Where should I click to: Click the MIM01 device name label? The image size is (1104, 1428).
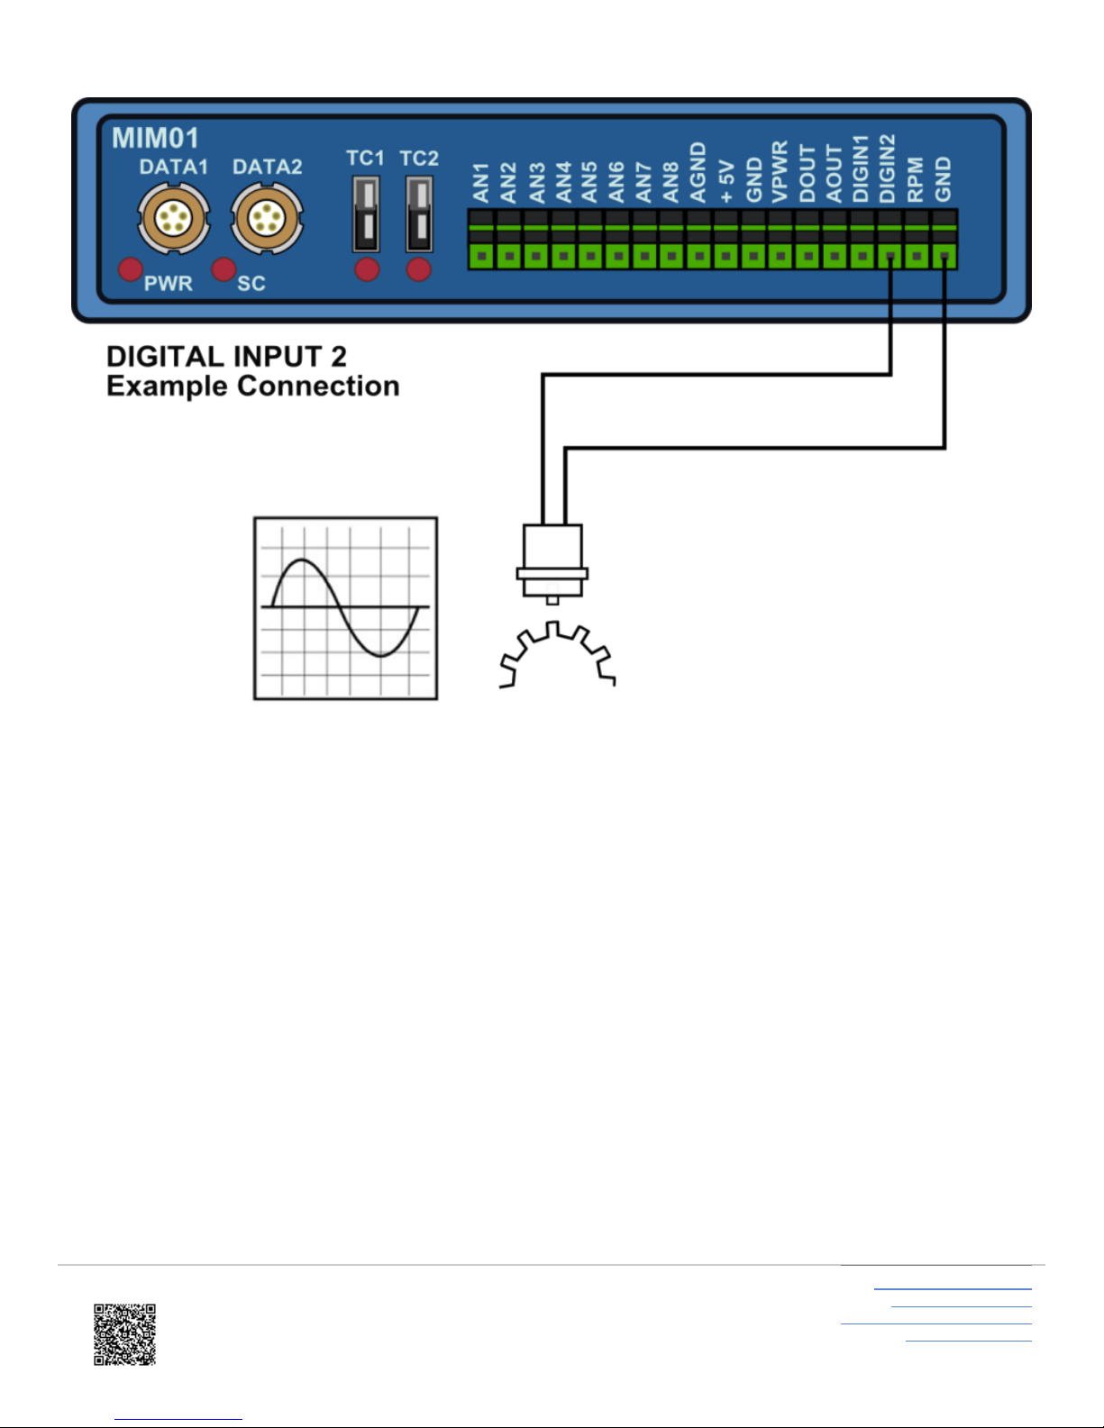point(155,138)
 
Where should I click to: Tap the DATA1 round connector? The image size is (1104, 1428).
point(173,218)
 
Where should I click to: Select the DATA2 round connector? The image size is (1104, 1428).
point(267,218)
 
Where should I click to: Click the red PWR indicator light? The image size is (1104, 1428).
point(132,269)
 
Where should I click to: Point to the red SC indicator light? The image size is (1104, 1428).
point(224,269)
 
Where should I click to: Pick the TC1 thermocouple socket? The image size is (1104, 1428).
point(366,214)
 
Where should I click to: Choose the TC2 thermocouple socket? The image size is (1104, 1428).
point(419,214)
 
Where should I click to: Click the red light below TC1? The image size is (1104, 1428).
point(367,269)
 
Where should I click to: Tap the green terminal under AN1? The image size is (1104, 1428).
point(482,256)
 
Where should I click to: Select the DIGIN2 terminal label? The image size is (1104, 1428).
point(888,168)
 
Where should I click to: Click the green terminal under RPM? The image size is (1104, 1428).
point(917,256)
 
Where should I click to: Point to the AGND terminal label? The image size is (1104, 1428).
point(698,172)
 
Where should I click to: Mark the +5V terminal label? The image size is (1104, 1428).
point(726,181)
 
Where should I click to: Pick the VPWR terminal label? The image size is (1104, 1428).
point(780,171)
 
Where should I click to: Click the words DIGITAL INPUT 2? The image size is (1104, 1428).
point(226,357)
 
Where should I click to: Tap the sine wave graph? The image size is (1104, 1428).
point(345,608)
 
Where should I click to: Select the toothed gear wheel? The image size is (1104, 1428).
point(557,658)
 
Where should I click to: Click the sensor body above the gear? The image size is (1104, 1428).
point(552,559)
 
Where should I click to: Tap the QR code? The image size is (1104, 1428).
point(125,1334)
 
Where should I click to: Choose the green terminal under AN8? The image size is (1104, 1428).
point(671,256)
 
